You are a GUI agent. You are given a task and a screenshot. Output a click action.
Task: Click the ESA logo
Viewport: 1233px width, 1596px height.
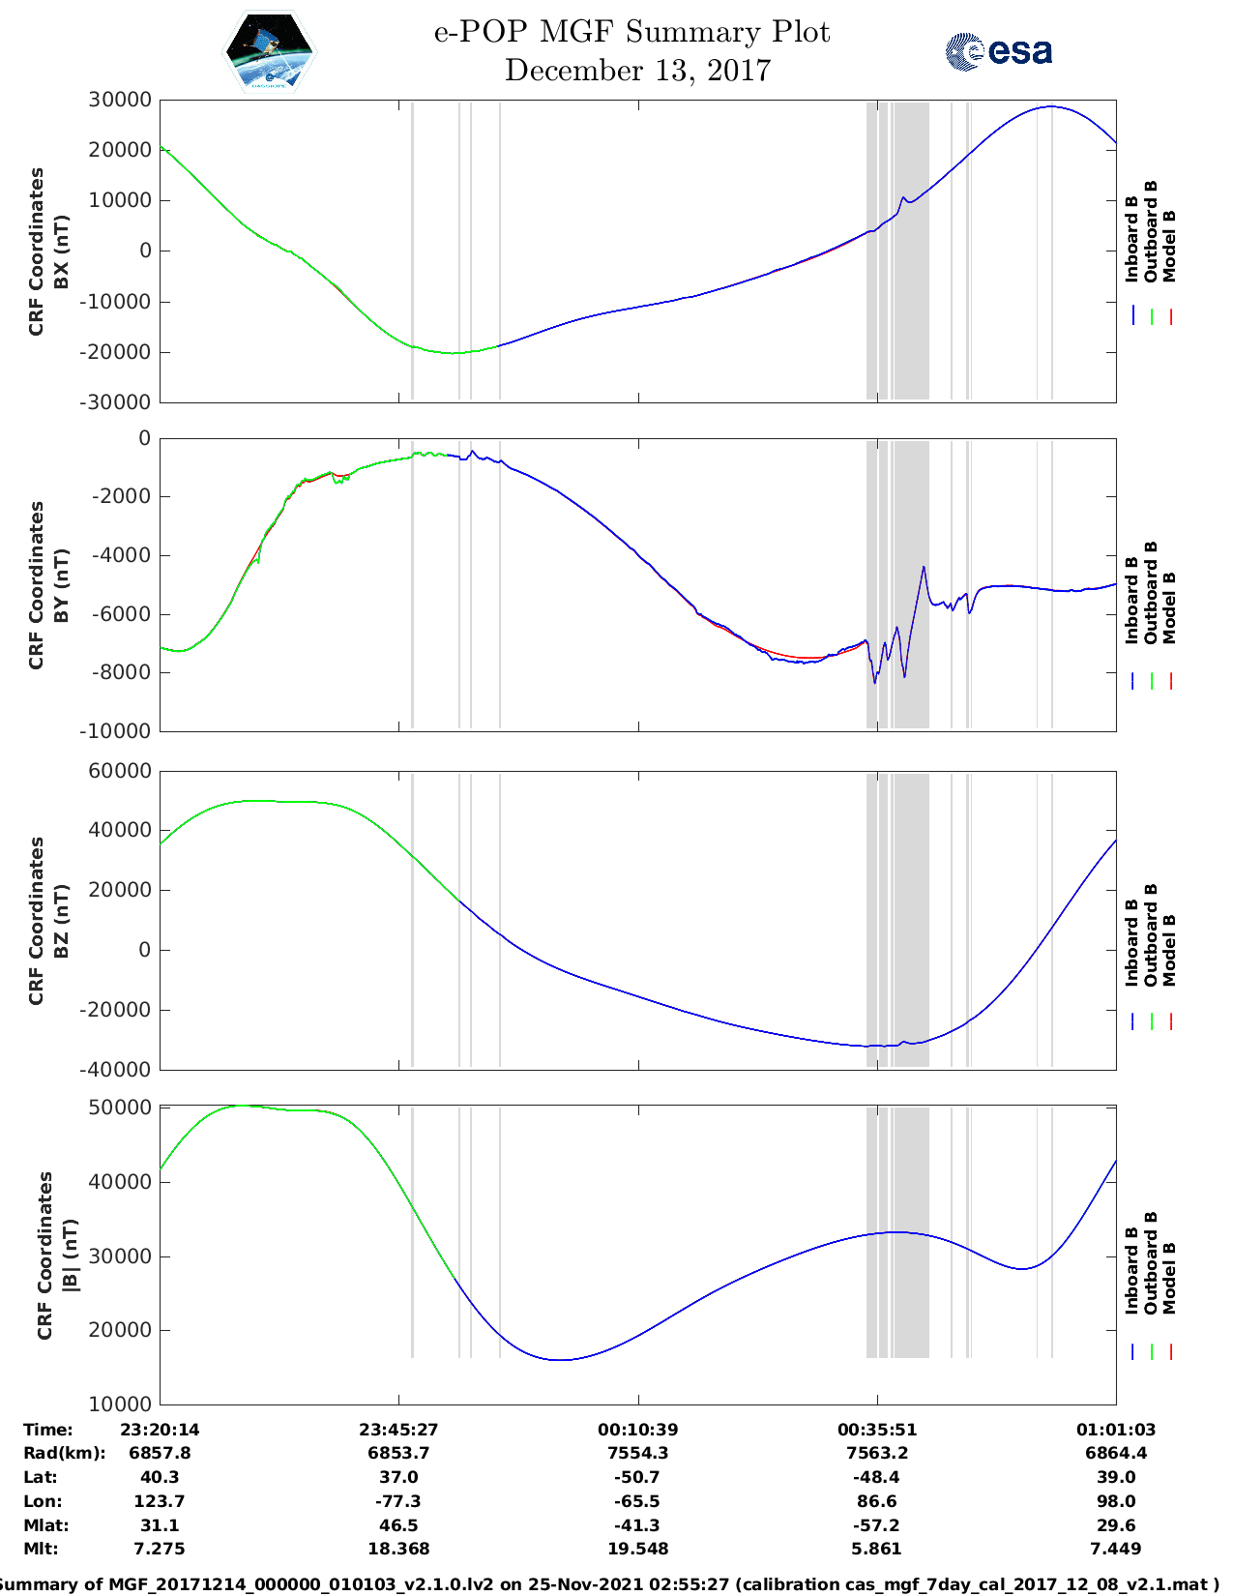[x=998, y=51]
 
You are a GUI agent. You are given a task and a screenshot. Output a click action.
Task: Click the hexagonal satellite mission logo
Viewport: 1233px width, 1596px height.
[x=269, y=52]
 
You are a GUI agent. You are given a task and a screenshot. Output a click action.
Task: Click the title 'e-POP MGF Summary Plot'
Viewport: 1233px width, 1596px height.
[x=631, y=32]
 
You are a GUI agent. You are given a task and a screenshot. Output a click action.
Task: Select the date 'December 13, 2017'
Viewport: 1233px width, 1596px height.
[x=637, y=71]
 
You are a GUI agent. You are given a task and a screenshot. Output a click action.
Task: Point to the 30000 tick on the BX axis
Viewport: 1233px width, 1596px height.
[x=120, y=100]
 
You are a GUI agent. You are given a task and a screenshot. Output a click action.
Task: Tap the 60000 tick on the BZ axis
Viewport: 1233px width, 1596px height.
[x=120, y=771]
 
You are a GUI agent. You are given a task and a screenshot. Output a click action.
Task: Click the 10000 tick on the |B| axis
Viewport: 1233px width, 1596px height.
[x=120, y=1404]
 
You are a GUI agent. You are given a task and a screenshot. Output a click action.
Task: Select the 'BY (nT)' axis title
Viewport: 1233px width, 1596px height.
[x=61, y=585]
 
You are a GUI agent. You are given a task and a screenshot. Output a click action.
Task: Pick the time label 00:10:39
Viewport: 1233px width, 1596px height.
[x=637, y=1429]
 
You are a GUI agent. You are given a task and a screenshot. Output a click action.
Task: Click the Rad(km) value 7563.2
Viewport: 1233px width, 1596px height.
[x=876, y=1453]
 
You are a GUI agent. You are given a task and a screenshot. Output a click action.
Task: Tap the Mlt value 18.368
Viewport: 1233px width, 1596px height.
[x=398, y=1549]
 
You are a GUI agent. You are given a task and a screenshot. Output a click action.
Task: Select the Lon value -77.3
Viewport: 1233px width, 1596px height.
[x=398, y=1501]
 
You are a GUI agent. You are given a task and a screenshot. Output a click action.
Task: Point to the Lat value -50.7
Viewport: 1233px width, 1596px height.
[x=637, y=1477]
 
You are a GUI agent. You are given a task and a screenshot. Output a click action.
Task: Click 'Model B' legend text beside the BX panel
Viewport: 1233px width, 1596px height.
[x=1169, y=246]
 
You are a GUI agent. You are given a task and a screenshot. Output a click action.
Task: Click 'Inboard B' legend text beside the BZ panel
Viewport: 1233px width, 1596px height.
[x=1132, y=943]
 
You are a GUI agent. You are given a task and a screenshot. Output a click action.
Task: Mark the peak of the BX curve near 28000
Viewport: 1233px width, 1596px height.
[x=1051, y=106]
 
